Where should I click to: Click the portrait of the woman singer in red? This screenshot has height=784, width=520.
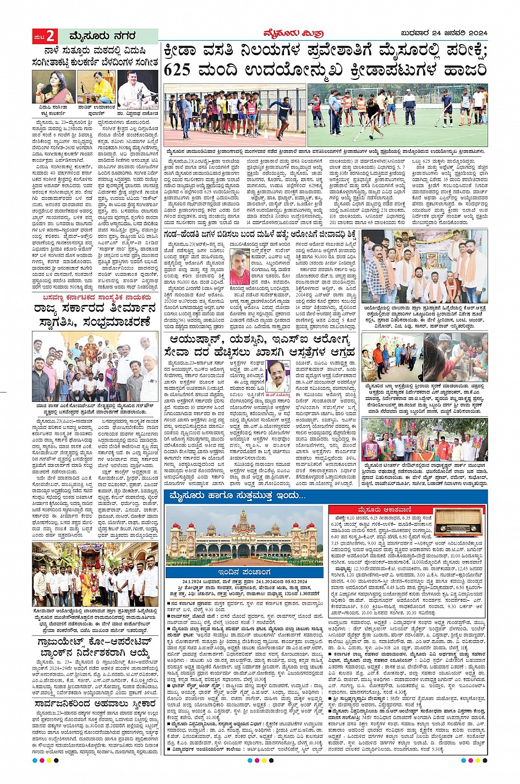pos(53,87)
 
